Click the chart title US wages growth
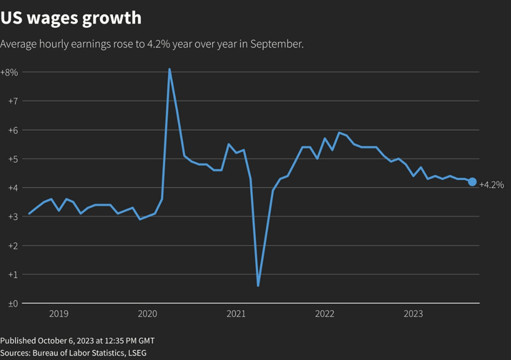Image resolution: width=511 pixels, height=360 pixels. (x=71, y=18)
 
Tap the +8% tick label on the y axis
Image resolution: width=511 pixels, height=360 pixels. (x=9, y=72)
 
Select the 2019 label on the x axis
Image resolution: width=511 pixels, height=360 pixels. (x=59, y=314)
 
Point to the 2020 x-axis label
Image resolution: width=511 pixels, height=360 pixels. (x=147, y=314)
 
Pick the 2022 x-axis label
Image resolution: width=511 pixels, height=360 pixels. (x=325, y=314)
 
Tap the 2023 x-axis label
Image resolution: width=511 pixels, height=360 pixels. (x=413, y=314)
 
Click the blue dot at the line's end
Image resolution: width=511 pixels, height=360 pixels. (x=472, y=182)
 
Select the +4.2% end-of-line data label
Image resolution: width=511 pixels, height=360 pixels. (x=491, y=185)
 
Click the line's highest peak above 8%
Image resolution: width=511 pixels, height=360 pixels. (x=170, y=69)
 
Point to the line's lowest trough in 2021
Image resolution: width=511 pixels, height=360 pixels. (x=258, y=285)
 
